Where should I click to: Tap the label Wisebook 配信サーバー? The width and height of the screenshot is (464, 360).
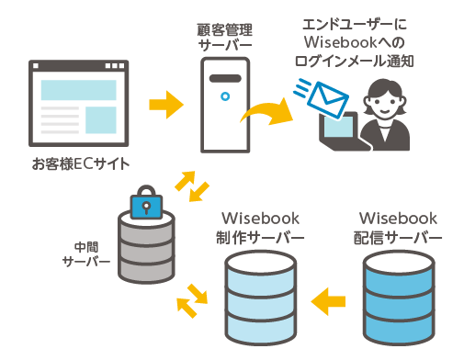click(x=398, y=228)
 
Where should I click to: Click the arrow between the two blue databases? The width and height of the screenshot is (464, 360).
click(x=328, y=298)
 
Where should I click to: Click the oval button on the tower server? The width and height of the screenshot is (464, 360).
click(x=222, y=92)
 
